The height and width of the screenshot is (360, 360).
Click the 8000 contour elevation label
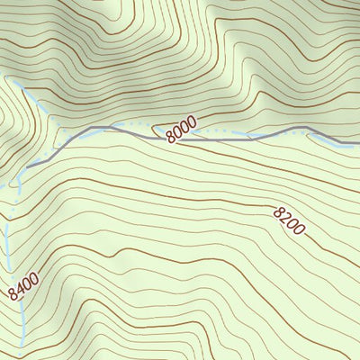point(181,131)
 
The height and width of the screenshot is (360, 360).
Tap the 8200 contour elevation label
point(289,220)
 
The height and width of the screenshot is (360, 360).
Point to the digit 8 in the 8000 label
point(170,137)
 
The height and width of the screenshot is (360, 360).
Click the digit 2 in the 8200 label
point(283,216)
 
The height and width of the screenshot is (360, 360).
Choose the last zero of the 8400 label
point(34,278)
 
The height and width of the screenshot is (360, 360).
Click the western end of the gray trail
point(28,166)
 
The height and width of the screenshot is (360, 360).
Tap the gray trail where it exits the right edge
point(357,144)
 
